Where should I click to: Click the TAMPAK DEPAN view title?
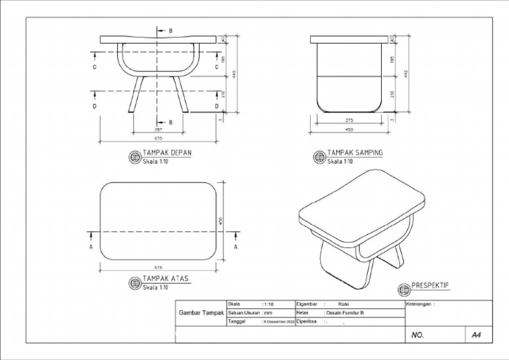[167, 153]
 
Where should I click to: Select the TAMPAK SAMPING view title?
[355, 153]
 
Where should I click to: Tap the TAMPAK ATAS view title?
[166, 279]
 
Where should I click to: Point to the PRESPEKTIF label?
[431, 285]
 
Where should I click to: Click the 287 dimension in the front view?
[158, 130]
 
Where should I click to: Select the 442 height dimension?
[404, 72]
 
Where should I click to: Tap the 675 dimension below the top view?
[159, 268]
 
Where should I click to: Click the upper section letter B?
[170, 30]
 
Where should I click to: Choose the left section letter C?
[94, 68]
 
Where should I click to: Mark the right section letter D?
[217, 106]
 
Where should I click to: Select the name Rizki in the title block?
[343, 304]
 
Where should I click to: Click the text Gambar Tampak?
[200, 313]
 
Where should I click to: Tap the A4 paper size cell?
[476, 335]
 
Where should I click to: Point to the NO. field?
[418, 335]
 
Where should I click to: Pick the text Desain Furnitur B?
[345, 312]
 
